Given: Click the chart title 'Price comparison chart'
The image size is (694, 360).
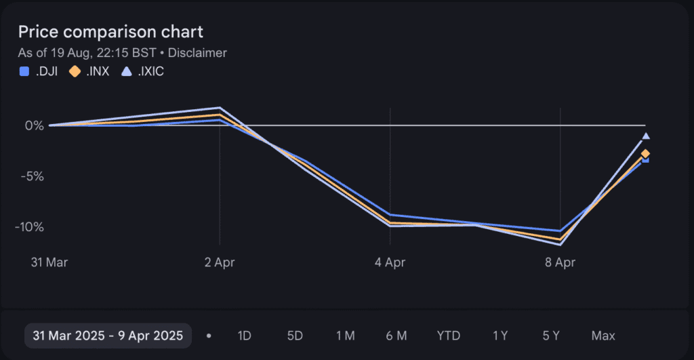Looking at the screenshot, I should [x=110, y=32].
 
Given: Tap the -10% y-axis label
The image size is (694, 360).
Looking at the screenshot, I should [x=29, y=226].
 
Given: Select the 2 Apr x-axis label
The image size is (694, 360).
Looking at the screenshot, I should [x=219, y=262].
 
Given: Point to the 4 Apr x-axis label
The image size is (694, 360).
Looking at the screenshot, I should [x=390, y=262].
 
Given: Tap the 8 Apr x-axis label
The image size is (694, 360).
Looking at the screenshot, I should [x=560, y=262].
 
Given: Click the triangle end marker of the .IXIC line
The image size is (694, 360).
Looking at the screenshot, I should [x=646, y=136].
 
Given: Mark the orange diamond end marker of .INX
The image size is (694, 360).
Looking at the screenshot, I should [x=645, y=154].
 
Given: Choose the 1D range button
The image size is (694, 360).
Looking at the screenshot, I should [x=244, y=336].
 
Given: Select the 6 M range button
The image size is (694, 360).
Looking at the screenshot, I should [x=396, y=336].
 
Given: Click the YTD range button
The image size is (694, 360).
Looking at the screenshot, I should [x=448, y=336].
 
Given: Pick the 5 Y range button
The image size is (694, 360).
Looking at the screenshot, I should [x=550, y=336].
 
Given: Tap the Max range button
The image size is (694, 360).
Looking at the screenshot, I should [x=603, y=336].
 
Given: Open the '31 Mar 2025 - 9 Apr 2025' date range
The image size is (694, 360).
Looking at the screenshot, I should [x=108, y=336].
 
